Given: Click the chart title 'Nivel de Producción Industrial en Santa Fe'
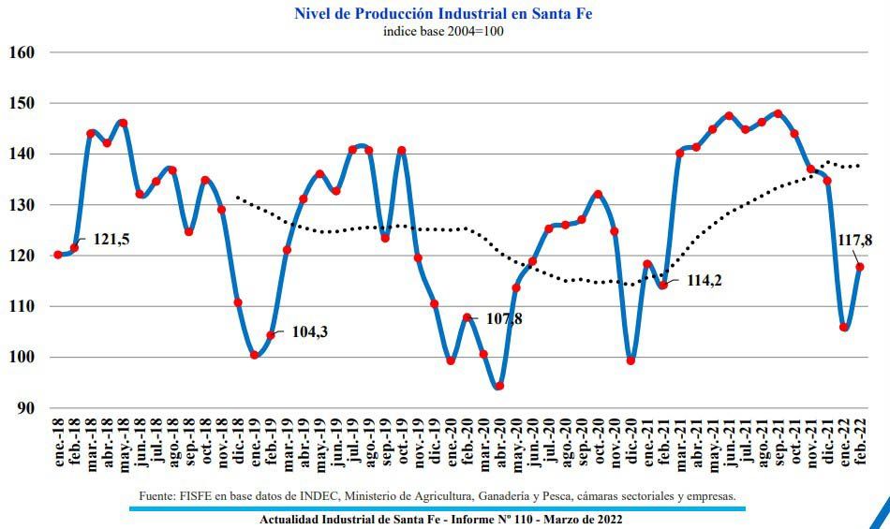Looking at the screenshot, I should [x=443, y=13].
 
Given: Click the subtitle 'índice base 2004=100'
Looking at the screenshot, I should [x=443, y=31].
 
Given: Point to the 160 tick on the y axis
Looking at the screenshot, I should [x=22, y=52].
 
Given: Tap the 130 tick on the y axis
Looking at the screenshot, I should [x=22, y=205].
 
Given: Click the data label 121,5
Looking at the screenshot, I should [x=111, y=240].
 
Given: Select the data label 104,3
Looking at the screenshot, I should [x=309, y=331].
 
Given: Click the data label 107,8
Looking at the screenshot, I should [x=504, y=318].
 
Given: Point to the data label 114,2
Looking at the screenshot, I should [x=704, y=280].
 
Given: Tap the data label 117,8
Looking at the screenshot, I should [x=854, y=241].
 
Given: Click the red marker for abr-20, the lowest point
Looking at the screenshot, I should [x=499, y=386].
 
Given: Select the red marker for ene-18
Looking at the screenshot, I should [x=58, y=255].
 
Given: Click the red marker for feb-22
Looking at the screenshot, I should [x=860, y=267].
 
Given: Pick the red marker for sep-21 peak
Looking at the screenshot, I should [x=778, y=114].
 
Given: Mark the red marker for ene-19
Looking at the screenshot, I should [x=254, y=355].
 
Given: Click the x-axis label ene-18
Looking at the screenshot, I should [x=58, y=445].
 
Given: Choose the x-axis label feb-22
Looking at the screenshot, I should [x=860, y=445].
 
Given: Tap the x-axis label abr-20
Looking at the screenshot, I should [x=499, y=445].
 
